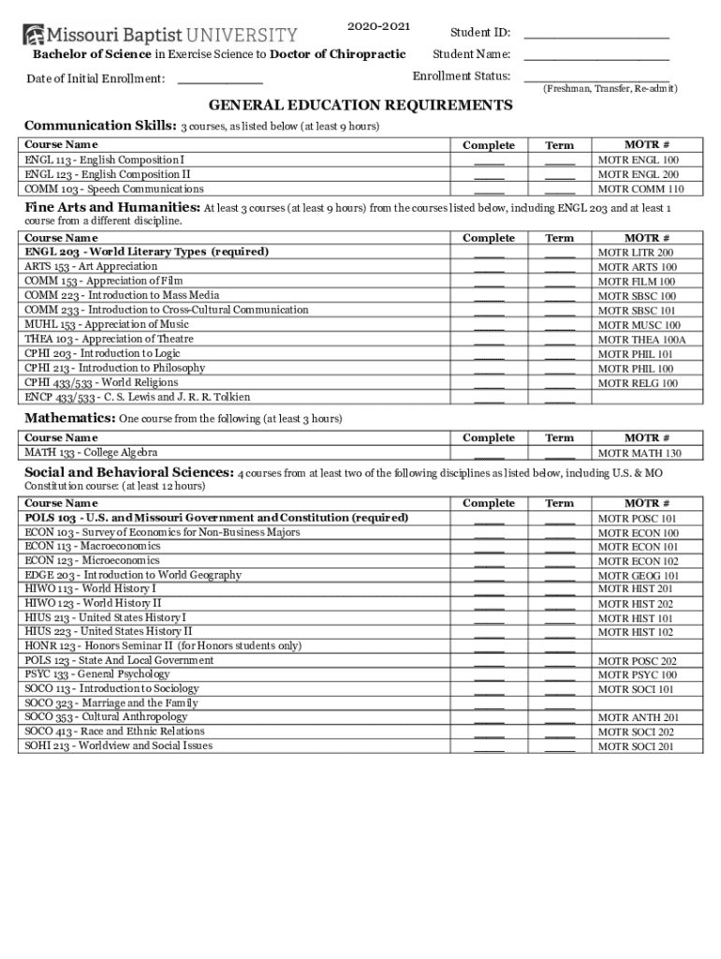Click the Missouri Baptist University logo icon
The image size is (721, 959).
(33, 35)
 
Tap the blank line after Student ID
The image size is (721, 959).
(596, 34)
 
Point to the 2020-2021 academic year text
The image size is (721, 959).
(378, 25)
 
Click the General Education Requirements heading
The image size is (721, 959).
(360, 105)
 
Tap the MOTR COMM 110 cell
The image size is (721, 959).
(640, 189)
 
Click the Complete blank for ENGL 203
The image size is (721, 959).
(489, 253)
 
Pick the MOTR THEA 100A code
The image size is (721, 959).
(641, 340)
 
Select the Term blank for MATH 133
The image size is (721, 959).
(560, 453)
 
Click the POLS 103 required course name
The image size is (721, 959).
(216, 518)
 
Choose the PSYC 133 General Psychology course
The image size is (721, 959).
(97, 674)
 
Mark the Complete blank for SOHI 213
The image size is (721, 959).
(489, 746)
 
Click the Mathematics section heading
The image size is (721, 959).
(70, 418)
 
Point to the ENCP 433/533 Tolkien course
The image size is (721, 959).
(138, 397)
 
